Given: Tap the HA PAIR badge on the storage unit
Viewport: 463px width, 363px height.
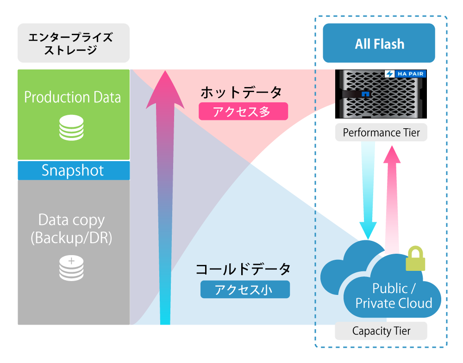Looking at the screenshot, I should (405, 74).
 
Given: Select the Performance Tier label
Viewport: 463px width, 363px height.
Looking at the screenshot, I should (381, 133).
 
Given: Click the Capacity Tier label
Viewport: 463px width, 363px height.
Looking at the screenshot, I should (381, 331).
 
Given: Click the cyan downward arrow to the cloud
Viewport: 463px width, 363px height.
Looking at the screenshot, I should (369, 190).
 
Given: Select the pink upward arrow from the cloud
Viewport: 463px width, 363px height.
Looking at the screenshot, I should (392, 199).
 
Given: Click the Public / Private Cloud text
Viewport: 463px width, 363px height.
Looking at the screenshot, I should (393, 296).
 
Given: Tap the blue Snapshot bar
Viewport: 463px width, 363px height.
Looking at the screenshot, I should (73, 170).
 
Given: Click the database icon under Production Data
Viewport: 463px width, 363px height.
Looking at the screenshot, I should (72, 128).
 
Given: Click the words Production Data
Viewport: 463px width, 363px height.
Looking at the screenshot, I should (73, 97).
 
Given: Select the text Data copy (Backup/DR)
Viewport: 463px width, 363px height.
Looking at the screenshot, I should (72, 229).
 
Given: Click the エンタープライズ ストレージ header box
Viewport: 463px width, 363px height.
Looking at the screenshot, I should (73, 43).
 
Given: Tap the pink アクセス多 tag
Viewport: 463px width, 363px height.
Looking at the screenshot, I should (243, 112).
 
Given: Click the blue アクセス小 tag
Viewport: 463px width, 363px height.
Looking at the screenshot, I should (245, 289).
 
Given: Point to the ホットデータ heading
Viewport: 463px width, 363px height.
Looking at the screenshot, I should (241, 92).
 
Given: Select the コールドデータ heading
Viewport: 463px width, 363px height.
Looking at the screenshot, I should (243, 269).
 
